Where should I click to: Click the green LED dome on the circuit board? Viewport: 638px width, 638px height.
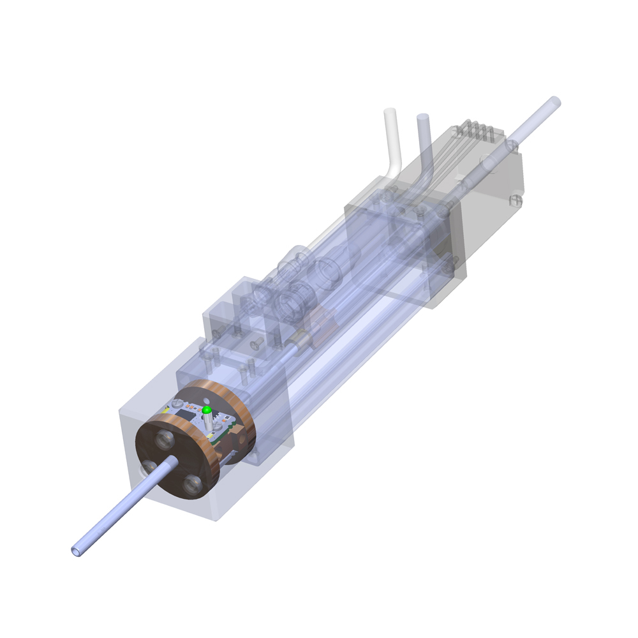207,409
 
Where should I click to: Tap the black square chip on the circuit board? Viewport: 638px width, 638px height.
186,415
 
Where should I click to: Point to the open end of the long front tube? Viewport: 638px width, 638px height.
77,550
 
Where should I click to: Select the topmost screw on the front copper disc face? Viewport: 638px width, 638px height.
165,438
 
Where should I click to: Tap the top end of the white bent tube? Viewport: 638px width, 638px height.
390,112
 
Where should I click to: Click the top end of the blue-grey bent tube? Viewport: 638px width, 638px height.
423,118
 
